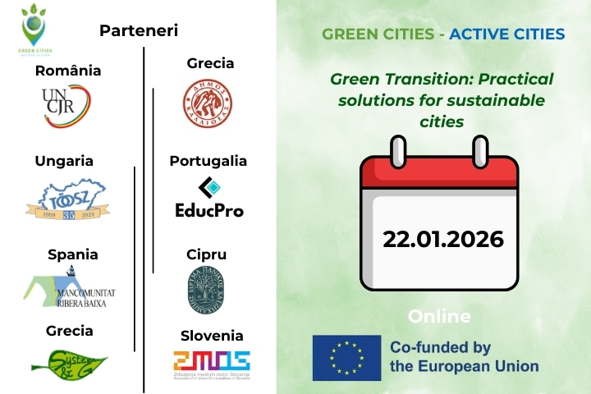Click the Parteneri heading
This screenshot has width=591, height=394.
139,31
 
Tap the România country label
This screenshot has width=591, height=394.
68,71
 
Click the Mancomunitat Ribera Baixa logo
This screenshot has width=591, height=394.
68,289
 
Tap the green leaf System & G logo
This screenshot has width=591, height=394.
69,362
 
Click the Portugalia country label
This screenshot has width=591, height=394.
208,161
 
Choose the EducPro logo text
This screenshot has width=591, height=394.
209,210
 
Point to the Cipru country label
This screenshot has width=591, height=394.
206,254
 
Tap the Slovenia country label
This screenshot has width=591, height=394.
212,336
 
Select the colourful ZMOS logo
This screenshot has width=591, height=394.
211,361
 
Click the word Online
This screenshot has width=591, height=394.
439,317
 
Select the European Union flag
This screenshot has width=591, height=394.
346,358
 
